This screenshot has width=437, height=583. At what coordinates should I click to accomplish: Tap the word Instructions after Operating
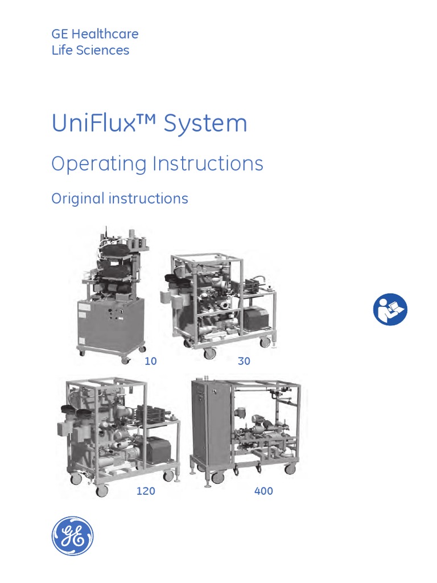(x=208, y=164)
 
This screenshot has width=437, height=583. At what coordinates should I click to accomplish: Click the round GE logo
(x=72, y=536)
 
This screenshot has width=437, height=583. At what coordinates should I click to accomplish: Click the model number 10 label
(x=151, y=361)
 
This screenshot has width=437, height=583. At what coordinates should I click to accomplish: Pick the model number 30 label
(x=244, y=361)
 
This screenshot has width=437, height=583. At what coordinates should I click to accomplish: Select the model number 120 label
(x=146, y=491)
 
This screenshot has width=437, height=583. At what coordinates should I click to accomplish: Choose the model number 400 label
(x=264, y=491)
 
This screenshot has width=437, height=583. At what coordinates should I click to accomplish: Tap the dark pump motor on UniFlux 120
(x=151, y=450)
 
